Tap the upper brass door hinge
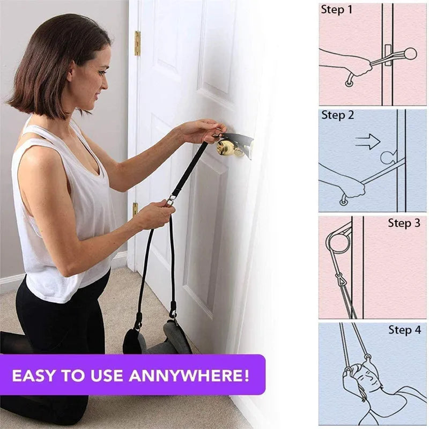point(137,43)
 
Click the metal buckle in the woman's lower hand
point(171,201)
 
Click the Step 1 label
point(337,9)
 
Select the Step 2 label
point(338,115)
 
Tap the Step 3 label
point(404,223)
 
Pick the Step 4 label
point(404,330)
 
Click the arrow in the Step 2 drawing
point(368,142)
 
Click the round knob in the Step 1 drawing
point(410,54)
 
